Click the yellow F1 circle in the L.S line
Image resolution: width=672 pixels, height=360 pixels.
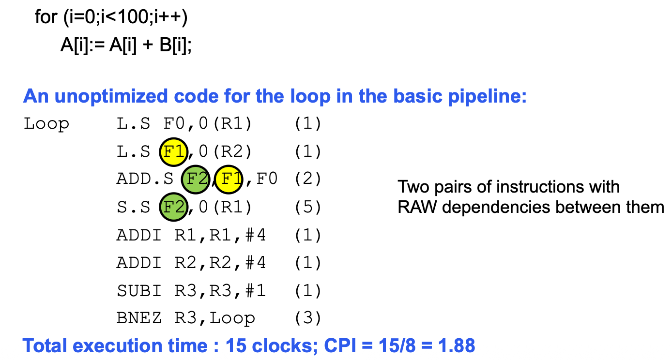[174, 152]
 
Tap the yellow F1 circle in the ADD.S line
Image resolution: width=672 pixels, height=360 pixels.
[229, 180]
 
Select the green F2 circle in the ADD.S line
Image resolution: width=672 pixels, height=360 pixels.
[196, 180]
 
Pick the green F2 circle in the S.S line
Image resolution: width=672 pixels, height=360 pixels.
[174, 207]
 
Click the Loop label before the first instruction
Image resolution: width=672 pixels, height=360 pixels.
[46, 124]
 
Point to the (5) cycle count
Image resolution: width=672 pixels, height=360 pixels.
[308, 207]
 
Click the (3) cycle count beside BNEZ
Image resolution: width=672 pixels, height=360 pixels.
[308, 318]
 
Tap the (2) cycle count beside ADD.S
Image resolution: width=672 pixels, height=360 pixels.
[308, 179]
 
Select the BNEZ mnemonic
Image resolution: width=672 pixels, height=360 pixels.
[139, 318]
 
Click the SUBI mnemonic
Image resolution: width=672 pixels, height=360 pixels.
[139, 290]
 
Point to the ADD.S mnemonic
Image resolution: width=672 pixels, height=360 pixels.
[145, 179]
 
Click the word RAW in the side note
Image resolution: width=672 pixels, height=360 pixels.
[417, 207]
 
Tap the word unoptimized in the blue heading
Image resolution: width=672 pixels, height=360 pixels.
[111, 96]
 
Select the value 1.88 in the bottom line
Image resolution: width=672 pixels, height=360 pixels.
[457, 345]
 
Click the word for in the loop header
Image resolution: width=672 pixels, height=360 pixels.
[46, 17]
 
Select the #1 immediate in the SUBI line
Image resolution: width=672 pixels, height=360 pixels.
[255, 290]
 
